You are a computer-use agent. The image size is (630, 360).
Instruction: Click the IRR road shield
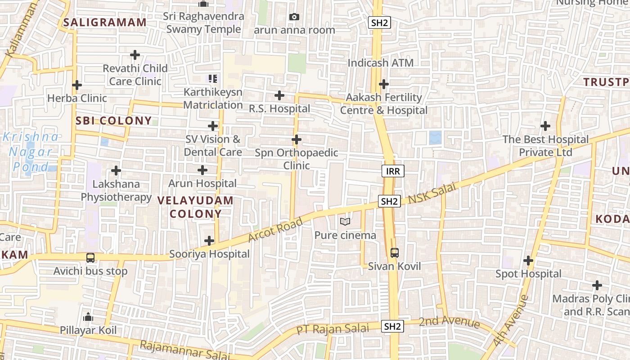click(x=393, y=171)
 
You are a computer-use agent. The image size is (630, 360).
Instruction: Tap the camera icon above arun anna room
click(x=294, y=17)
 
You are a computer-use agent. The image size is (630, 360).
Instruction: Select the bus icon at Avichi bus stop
click(x=90, y=258)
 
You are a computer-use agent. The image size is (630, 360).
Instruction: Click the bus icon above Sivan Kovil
click(x=395, y=253)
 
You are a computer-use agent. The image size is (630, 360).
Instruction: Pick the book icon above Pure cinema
click(x=345, y=222)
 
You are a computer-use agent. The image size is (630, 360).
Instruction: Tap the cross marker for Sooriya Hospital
click(x=209, y=241)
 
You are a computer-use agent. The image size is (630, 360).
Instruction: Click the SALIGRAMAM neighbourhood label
click(x=105, y=22)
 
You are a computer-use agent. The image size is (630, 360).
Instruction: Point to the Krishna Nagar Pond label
click(x=31, y=152)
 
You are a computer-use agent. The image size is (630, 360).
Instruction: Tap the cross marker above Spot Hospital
click(x=528, y=261)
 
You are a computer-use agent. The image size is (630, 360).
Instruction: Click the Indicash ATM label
click(x=380, y=63)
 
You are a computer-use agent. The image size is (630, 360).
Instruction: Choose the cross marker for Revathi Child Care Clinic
click(x=135, y=55)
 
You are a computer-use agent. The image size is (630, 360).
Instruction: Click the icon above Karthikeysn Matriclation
click(x=213, y=79)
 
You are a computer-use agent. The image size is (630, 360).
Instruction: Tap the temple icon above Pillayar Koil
click(x=88, y=317)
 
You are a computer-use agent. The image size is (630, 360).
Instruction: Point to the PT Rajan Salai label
click(x=332, y=329)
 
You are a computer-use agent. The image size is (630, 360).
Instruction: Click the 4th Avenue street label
click(x=510, y=320)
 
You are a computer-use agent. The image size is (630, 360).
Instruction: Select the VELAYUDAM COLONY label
click(x=195, y=207)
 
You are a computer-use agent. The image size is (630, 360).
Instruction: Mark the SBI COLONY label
click(x=113, y=121)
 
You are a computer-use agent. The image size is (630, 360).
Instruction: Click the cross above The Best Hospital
click(x=545, y=126)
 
